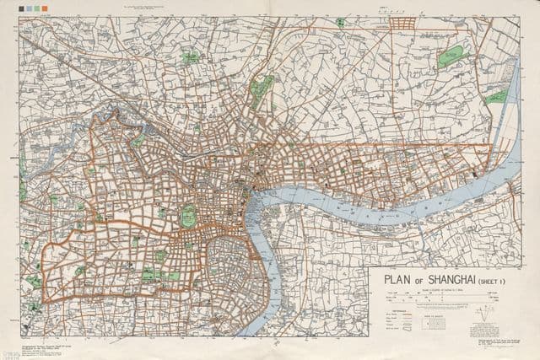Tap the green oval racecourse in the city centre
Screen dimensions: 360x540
[189, 217]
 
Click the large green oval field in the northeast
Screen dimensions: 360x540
[452, 56]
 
